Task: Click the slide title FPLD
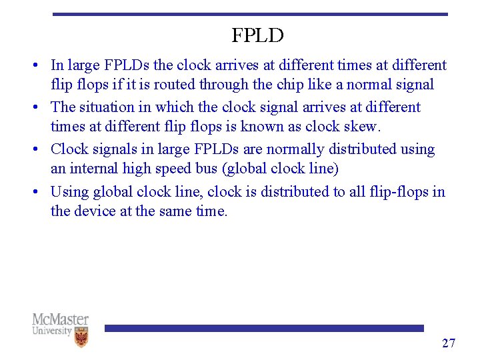(257, 35)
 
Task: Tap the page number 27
(449, 343)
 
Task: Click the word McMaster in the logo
(60, 319)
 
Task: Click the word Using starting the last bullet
(69, 191)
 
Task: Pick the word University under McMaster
(51, 331)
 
